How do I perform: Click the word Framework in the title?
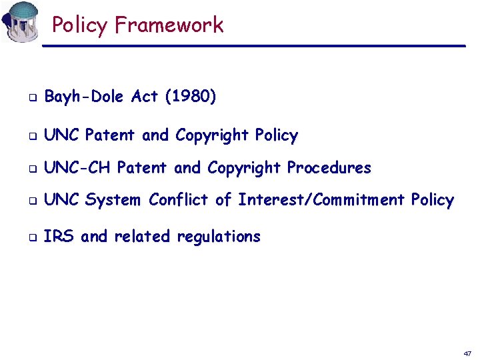point(169,25)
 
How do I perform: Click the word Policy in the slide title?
point(79,25)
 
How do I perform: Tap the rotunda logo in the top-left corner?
point(21,21)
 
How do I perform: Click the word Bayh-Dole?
point(84,97)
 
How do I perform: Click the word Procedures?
point(329,167)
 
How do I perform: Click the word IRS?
point(58,236)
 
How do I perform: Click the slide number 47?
point(467,352)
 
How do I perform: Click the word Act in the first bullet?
point(145,97)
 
